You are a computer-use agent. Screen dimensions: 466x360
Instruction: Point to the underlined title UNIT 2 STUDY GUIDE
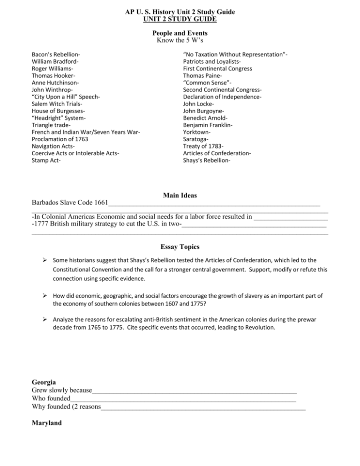[180, 18]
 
